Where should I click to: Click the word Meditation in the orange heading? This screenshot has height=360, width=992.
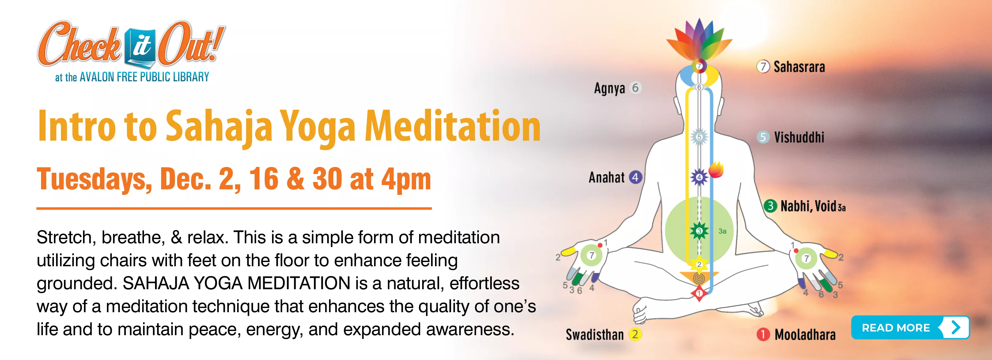452,126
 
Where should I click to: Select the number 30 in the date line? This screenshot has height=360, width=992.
327,179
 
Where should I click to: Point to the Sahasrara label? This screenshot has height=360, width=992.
799,67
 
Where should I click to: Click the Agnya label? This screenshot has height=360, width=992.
609,88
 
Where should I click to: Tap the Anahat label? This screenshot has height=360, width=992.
607,177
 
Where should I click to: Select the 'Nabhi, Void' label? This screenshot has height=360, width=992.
808,207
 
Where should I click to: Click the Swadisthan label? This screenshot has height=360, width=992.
595,335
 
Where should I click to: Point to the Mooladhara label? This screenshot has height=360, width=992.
805,335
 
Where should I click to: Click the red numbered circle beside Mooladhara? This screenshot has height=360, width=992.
763,335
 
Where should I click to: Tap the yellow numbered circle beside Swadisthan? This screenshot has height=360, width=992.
635,334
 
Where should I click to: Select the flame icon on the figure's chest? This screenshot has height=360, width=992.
716,170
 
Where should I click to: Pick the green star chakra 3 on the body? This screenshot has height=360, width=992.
699,231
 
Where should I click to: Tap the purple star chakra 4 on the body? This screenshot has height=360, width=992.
699,177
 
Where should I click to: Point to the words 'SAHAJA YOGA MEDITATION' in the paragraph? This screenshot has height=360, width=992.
236,283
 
